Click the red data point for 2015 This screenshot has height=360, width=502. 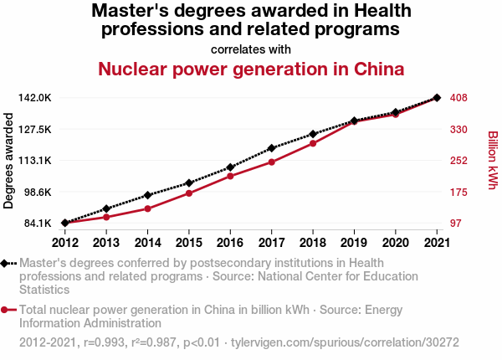click(189, 193)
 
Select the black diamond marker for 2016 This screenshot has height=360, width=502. click(230, 167)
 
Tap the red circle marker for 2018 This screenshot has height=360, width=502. click(313, 143)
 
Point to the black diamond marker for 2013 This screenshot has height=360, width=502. click(106, 208)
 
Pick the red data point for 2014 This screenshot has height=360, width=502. click(147, 208)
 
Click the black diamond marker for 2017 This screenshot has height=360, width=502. click(271, 148)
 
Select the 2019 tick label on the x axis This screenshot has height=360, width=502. click(354, 243)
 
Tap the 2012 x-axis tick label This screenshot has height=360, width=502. click(64, 243)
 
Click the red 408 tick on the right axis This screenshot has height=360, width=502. click(458, 98)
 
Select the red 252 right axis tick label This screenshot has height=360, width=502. click(458, 161)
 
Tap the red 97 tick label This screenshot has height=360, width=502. click(456, 224)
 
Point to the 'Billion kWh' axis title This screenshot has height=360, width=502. click(492, 161)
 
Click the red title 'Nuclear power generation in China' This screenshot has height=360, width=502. click(251, 69)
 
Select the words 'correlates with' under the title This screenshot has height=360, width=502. click(251, 49)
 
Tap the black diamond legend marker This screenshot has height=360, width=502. click(5, 263)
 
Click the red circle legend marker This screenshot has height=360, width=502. click(5, 310)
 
